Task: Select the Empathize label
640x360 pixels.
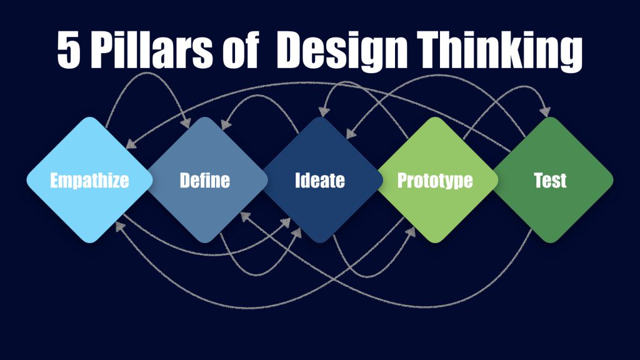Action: (89, 181)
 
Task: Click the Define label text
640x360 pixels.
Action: (205, 181)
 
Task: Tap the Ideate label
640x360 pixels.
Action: (320, 181)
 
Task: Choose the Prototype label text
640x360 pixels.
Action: (435, 181)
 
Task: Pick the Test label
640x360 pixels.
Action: (551, 181)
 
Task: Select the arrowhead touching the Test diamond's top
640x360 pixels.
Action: (546, 111)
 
